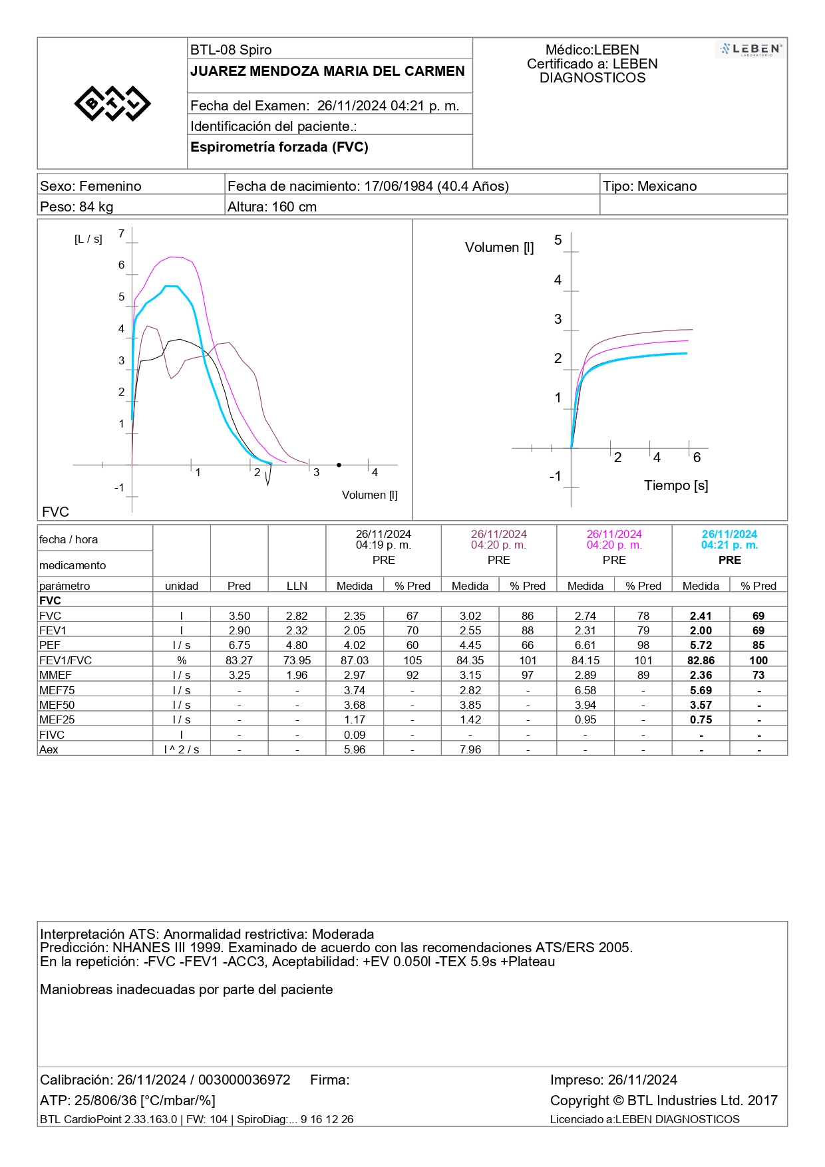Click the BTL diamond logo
coord(112,103)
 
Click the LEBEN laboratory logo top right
coord(751,50)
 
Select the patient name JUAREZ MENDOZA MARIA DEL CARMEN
coord(327,71)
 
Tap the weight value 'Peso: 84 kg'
coord(77,207)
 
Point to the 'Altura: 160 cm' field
coord(272,207)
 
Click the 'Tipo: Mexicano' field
coord(649,186)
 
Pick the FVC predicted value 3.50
coord(240,616)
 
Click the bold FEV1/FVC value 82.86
coord(701,660)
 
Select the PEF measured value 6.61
coord(585,645)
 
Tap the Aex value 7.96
coord(470,749)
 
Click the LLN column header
coord(297,586)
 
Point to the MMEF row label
coord(55,675)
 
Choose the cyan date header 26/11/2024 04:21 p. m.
coord(729,539)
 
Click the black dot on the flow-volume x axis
coord(339,465)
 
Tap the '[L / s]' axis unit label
coord(88,239)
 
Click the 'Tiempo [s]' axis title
coord(676,485)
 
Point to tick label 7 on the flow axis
coord(121,233)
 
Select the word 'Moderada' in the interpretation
coord(343,934)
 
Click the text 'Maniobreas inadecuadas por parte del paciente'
coord(186,989)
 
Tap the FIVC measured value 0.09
coord(355,735)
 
